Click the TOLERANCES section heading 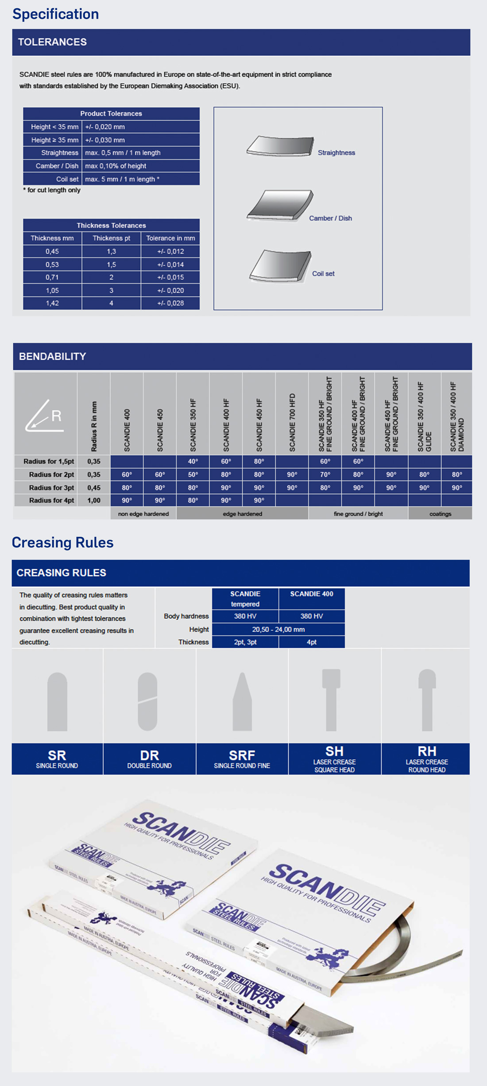(52, 42)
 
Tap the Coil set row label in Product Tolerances (67, 179)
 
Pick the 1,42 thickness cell (52, 303)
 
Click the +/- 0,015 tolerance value (170, 277)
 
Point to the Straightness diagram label (336, 153)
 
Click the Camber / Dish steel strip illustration (280, 205)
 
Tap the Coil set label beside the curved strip (323, 273)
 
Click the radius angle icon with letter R (45, 416)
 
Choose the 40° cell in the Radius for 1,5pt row (193, 461)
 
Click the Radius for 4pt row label (51, 501)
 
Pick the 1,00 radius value (94, 501)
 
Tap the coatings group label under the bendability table (440, 514)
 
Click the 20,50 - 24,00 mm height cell (278, 629)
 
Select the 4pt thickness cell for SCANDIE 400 (311, 642)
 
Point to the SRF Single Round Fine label (242, 759)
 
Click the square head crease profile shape (331, 700)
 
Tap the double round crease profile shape (147, 701)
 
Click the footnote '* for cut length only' (52, 190)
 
